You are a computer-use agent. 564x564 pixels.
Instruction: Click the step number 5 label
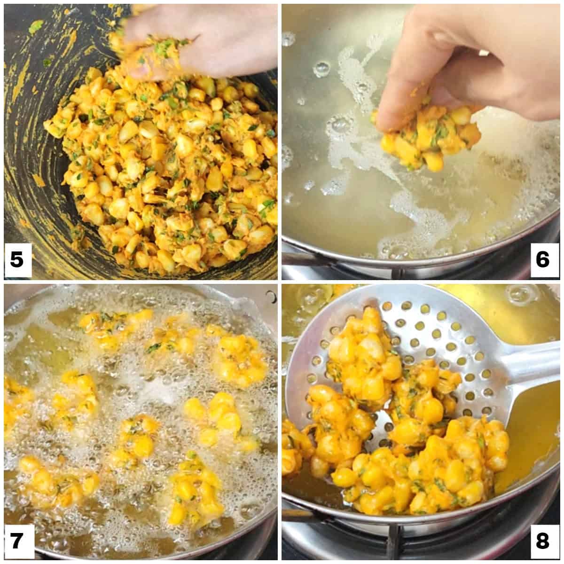[17, 259]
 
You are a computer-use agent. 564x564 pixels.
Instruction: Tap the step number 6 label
[542, 259]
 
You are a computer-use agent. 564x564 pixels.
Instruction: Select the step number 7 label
[17, 540]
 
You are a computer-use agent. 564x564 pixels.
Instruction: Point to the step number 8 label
[542, 540]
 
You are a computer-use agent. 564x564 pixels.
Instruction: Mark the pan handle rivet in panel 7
[271, 296]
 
